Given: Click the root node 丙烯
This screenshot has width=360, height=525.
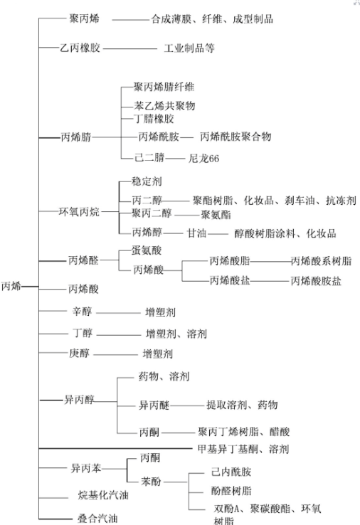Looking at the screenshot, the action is (x=11, y=287).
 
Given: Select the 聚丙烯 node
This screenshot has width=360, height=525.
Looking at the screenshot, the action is (x=84, y=18).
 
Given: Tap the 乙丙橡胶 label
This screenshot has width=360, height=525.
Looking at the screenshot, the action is (x=80, y=48).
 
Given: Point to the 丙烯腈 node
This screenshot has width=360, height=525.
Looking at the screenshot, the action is (x=76, y=137).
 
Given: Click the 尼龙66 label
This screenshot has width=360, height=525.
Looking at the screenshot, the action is (x=203, y=158).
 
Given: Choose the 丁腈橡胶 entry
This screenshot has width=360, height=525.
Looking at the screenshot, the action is (x=154, y=119).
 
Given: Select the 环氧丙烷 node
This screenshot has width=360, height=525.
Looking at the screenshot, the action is (x=79, y=211).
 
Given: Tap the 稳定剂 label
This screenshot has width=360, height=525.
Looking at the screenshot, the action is (x=147, y=181).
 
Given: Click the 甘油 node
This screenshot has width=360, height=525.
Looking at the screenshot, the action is (x=196, y=233).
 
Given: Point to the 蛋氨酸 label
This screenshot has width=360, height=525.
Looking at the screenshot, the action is (x=147, y=250).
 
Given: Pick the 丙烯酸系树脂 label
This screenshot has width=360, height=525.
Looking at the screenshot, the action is (x=321, y=261).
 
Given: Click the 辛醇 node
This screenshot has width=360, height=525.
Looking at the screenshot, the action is (x=82, y=312).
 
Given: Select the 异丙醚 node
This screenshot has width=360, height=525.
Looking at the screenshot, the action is (x=154, y=405).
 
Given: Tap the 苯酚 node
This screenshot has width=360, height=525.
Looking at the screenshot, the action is (x=151, y=482).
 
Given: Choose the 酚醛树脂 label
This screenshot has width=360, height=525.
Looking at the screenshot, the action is (x=231, y=491).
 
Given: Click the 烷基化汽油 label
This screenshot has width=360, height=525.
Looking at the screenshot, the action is (x=103, y=495).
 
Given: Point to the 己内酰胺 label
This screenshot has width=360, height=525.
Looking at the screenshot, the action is (x=231, y=472).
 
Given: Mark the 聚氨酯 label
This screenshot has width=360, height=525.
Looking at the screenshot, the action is (x=216, y=215).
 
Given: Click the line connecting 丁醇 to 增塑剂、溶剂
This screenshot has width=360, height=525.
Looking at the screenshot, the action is (x=119, y=335).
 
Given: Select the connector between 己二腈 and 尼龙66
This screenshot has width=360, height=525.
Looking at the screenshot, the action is (x=175, y=159).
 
